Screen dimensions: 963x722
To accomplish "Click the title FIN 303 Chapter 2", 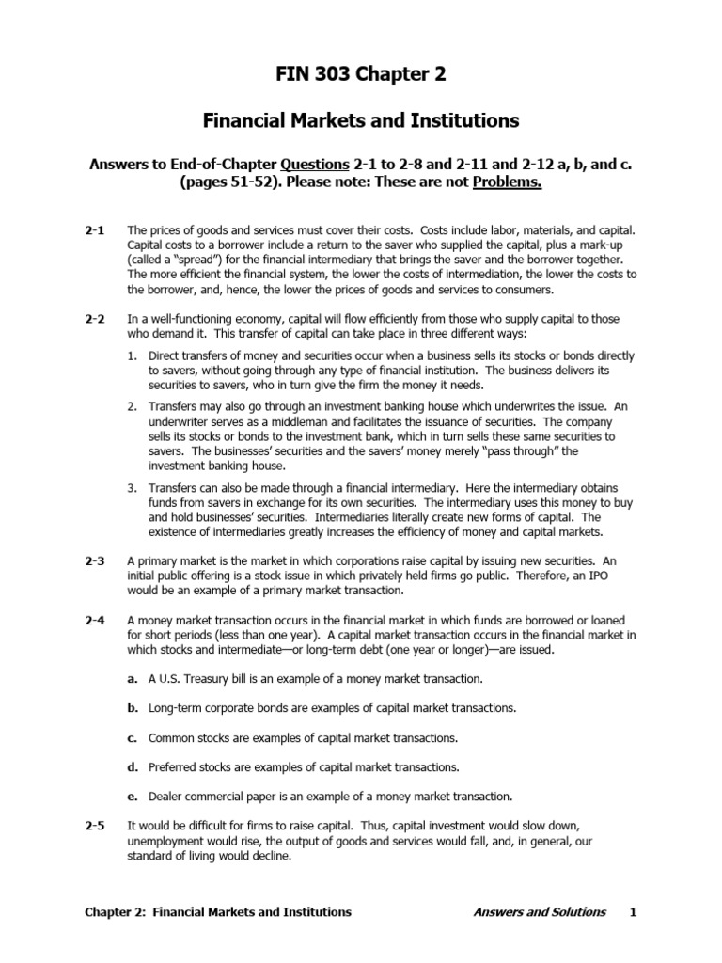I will click(361, 76).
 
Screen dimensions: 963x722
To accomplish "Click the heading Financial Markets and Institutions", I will click(361, 120).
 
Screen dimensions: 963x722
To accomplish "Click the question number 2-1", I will click(95, 229).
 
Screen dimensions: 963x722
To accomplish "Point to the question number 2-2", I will click(95, 320).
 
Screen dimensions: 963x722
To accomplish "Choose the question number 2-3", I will click(95, 560).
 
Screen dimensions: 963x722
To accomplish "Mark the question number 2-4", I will click(95, 621).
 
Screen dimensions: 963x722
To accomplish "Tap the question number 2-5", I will click(95, 825).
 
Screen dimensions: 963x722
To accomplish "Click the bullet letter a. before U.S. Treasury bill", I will click(133, 678).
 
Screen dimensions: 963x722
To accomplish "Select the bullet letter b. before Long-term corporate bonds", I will click(133, 707).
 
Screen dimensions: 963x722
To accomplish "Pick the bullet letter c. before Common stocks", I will click(133, 737).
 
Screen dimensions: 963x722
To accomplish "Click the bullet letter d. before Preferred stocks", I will click(133, 766).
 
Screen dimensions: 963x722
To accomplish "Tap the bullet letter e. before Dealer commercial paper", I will click(133, 796).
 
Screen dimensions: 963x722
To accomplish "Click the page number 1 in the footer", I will click(634, 912).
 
